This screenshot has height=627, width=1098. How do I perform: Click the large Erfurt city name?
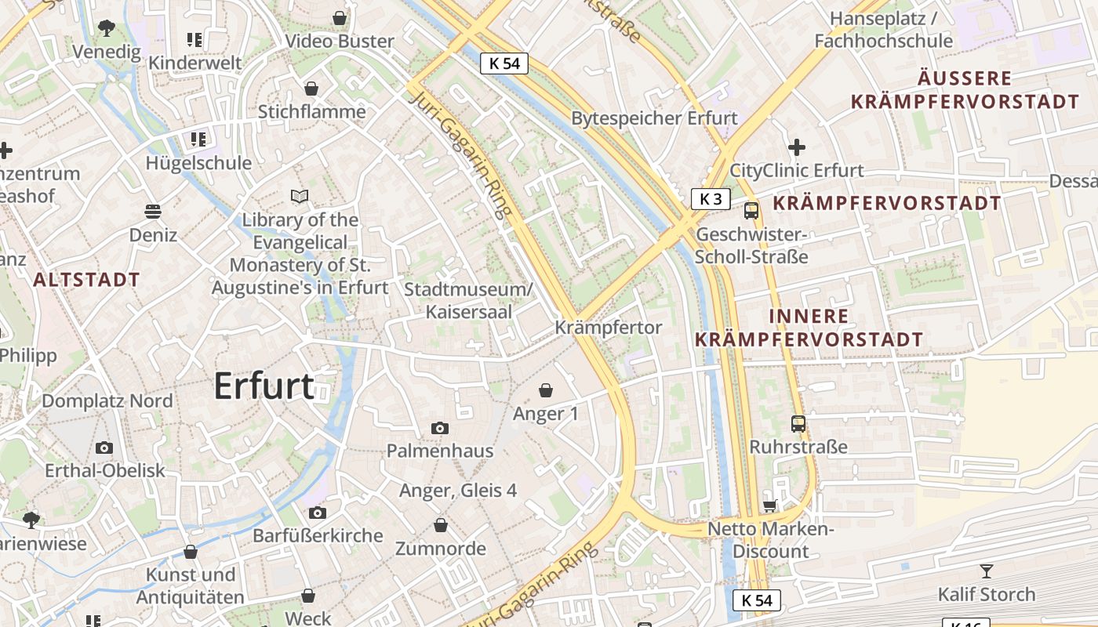click(264, 386)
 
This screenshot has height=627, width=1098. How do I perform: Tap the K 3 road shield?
click(711, 199)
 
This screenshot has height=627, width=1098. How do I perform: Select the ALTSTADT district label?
click(86, 280)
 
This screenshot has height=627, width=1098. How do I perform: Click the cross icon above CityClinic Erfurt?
click(797, 147)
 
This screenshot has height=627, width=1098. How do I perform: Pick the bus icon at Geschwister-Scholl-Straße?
click(751, 210)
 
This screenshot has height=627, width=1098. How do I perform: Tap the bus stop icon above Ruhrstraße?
click(798, 424)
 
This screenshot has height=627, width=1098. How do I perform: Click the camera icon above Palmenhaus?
click(440, 428)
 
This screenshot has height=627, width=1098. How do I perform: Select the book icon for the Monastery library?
click(300, 196)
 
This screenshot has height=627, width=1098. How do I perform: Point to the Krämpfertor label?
click(609, 328)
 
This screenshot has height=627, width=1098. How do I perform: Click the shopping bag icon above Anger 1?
click(546, 390)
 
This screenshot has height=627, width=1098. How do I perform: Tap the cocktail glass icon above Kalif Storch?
click(987, 571)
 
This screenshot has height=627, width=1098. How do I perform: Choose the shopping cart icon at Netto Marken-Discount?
click(770, 506)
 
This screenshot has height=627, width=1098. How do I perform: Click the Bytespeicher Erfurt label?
click(654, 118)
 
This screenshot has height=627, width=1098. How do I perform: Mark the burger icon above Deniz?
click(153, 212)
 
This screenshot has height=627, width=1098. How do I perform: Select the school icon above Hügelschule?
click(198, 140)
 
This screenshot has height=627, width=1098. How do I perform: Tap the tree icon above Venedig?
click(106, 29)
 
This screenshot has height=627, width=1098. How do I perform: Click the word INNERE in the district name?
click(809, 317)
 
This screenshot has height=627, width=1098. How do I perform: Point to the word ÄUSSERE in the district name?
click(965, 79)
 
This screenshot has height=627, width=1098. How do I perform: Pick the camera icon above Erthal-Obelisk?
click(104, 448)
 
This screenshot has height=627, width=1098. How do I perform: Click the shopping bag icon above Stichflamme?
click(311, 89)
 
